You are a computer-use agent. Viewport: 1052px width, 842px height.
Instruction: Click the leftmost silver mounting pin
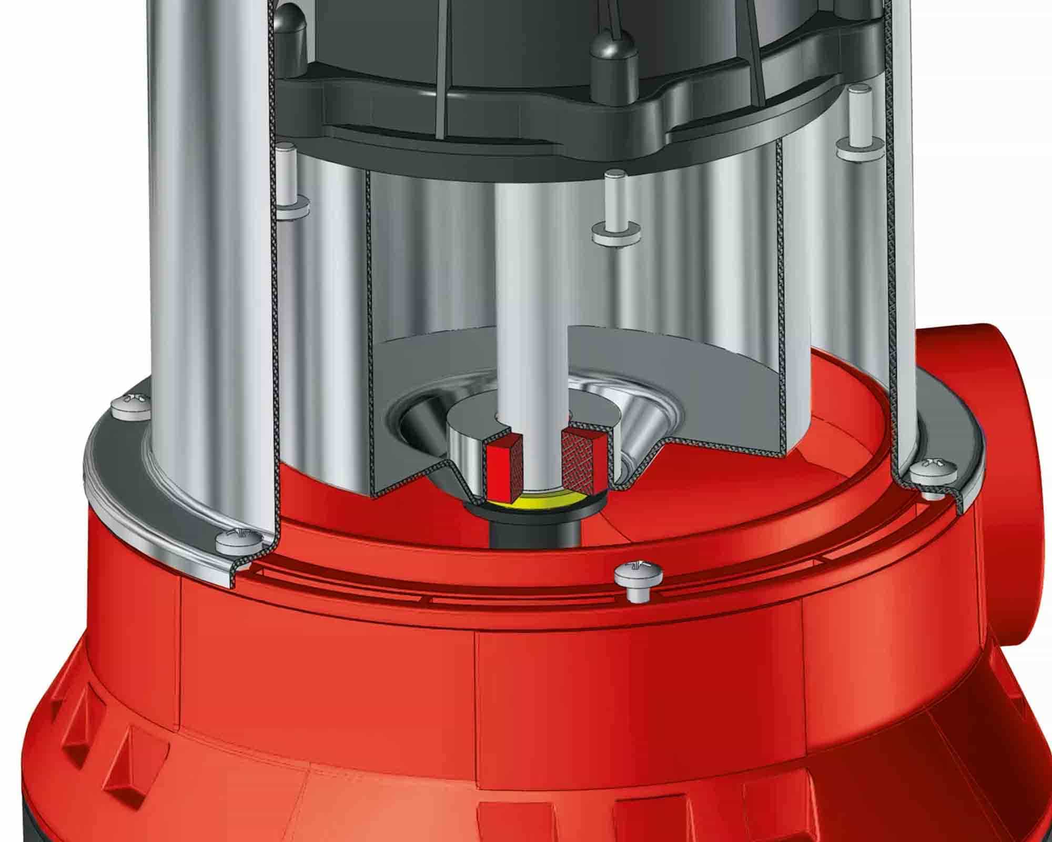[x=286, y=179]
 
